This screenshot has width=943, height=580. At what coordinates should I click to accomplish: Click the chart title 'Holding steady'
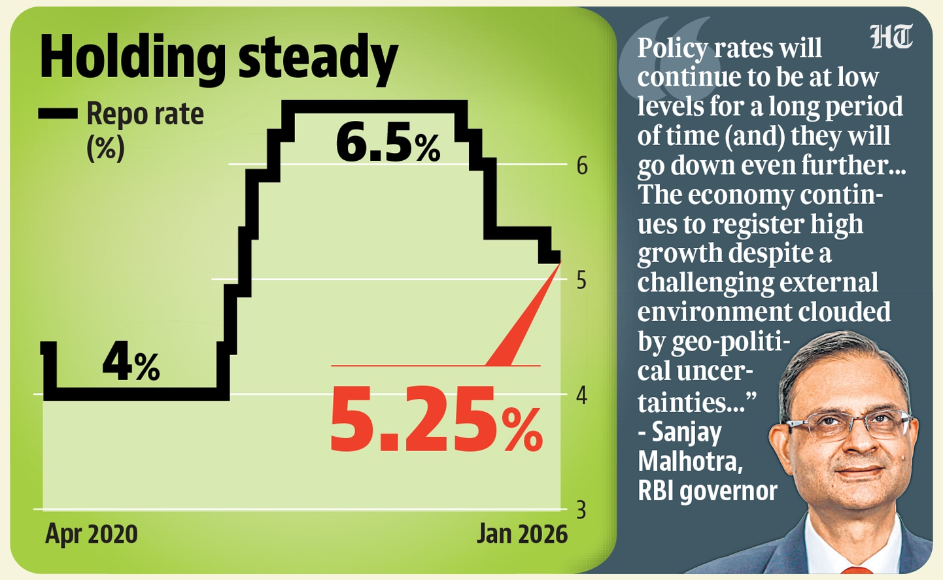pos(218,58)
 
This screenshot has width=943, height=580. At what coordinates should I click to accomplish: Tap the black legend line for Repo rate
pos(58,114)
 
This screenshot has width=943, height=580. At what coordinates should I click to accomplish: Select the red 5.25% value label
pos(436,420)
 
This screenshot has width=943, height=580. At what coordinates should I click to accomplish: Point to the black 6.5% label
pos(388,143)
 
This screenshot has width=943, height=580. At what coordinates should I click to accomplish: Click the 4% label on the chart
pos(131,363)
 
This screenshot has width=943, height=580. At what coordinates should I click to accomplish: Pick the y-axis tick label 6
pos(582,166)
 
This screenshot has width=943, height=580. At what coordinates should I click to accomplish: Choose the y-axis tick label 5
pos(581,281)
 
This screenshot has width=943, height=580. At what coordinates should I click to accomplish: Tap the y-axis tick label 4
pos(581,396)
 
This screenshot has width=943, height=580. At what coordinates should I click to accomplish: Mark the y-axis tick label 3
pos(581,510)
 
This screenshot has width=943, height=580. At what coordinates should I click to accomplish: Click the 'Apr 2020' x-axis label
pos(92,534)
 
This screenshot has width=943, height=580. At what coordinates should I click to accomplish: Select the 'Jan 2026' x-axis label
pos(522,534)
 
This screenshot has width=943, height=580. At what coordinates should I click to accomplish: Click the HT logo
pos(891,37)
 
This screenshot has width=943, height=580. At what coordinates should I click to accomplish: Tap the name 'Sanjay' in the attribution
pos(687,432)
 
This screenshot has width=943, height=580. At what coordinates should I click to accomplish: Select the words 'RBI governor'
pos(708,491)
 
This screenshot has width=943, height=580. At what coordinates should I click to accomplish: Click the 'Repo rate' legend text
pos(145,114)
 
